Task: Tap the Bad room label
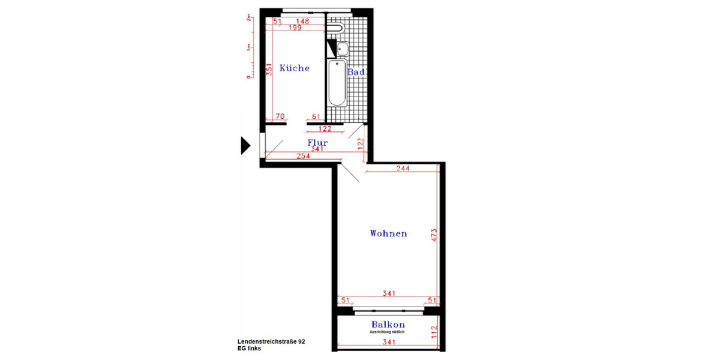coord(356,72)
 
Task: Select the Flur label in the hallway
coord(317,143)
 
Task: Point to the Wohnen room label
coord(388,233)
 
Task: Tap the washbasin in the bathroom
coord(343,49)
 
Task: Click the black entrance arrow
coord(244,145)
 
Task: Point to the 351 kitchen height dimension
coord(270,70)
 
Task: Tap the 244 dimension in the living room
coord(403,169)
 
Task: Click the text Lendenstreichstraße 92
coord(271,341)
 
